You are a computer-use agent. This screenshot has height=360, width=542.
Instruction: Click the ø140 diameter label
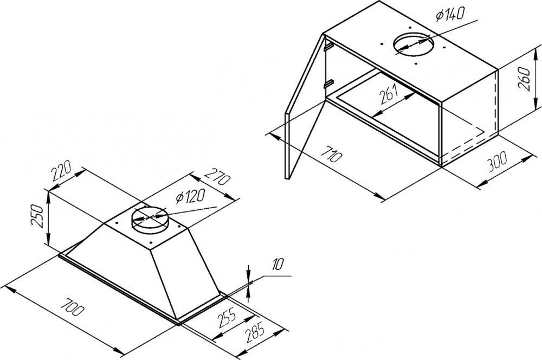450,15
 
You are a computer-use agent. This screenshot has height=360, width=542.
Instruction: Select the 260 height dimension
525,79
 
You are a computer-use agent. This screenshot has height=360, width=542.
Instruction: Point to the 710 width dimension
332,154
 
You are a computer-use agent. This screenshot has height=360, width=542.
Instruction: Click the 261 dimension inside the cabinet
389,95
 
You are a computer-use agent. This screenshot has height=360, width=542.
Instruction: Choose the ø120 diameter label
190,196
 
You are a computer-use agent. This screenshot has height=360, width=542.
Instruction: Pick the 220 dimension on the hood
62,171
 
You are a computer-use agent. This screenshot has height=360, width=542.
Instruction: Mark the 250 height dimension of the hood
37,216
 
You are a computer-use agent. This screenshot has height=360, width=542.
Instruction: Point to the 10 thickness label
277,265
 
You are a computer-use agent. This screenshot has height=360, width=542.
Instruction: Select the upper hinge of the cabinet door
328,46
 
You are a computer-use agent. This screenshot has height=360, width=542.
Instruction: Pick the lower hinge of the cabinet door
328,83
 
